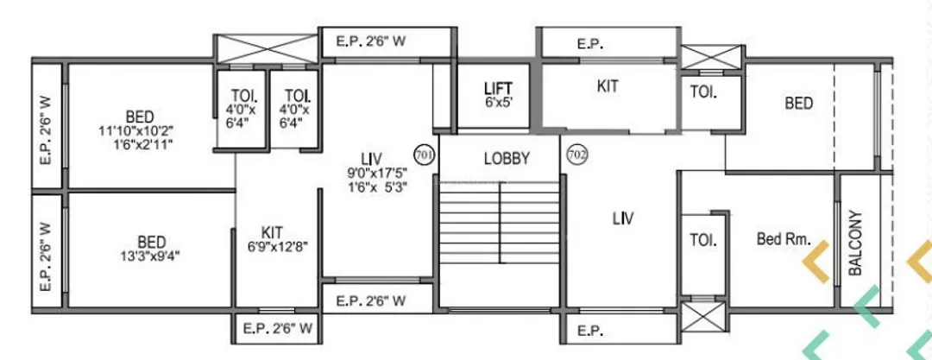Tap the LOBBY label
tap(507, 159)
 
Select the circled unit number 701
tap(424, 155)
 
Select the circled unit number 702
tap(576, 155)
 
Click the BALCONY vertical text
tap(856, 243)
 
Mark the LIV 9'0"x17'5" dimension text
tap(372, 172)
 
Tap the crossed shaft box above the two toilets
tap(267, 47)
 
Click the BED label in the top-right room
tap(798, 104)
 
